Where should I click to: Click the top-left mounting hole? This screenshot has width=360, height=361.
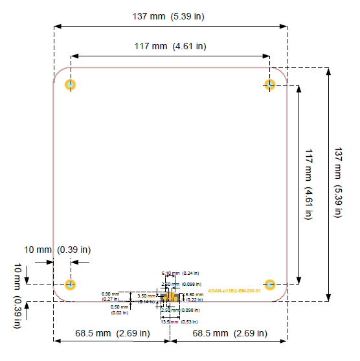(x=71, y=84)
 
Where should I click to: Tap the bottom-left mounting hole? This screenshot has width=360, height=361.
(x=71, y=284)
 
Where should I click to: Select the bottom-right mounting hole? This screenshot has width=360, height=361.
(x=271, y=284)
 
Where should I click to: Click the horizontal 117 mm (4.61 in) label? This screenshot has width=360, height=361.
(x=170, y=46)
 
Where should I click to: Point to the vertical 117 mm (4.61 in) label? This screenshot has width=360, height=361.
(x=309, y=185)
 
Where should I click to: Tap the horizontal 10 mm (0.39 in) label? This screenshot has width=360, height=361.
(x=58, y=250)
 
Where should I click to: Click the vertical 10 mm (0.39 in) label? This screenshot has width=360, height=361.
(x=17, y=296)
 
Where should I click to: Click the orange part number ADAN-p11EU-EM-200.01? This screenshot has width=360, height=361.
(x=234, y=291)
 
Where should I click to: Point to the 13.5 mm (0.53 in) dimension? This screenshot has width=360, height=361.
(x=179, y=321)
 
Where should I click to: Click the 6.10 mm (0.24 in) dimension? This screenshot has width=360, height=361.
(x=180, y=274)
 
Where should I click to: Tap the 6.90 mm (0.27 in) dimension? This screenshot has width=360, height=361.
(x=111, y=296)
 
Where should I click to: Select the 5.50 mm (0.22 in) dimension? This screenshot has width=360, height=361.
(x=195, y=297)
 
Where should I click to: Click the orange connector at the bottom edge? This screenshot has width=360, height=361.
(x=170, y=297)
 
